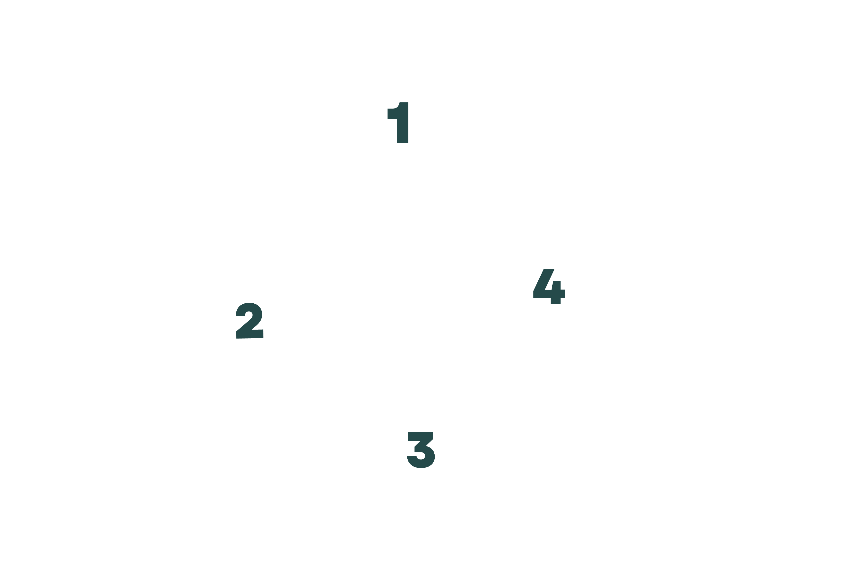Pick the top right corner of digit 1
point(407,104)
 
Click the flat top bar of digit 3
point(420,436)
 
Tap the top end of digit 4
point(549,270)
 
